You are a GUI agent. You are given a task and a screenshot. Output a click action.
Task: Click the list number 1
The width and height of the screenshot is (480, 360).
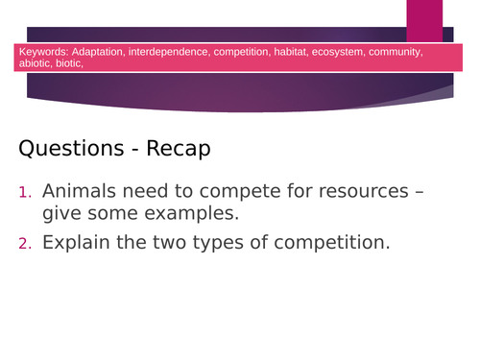pyautogui.click(x=24, y=192)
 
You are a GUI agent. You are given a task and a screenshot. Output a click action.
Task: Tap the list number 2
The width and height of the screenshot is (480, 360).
pyautogui.click(x=24, y=243)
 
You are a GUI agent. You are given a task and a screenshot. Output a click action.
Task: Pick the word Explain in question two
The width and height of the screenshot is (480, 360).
pyautogui.click(x=78, y=242)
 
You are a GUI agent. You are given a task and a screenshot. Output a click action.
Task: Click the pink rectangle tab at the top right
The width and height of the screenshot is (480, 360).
pyautogui.click(x=424, y=21)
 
